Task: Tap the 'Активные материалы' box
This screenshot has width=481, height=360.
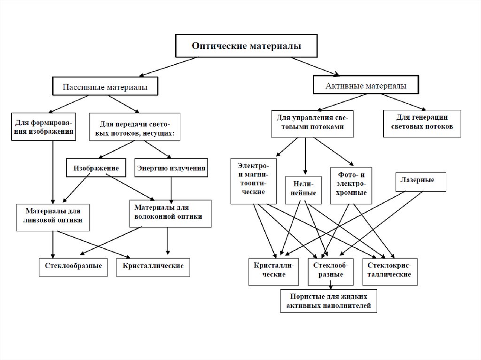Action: tap(366, 86)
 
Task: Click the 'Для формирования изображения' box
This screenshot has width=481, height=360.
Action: tap(44, 127)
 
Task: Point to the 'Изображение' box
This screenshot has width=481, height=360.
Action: tap(96, 168)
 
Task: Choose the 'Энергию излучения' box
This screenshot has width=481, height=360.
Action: tap(171, 168)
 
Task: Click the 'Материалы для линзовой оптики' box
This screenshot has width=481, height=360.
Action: tap(53, 217)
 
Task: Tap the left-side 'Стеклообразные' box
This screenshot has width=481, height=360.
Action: tap(74, 266)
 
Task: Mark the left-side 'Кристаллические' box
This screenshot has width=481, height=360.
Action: tap(153, 266)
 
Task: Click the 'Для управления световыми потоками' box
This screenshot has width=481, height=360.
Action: tap(312, 123)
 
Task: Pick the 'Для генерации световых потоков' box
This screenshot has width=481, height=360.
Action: tap(422, 123)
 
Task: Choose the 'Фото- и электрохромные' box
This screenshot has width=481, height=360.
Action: tap(351, 185)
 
